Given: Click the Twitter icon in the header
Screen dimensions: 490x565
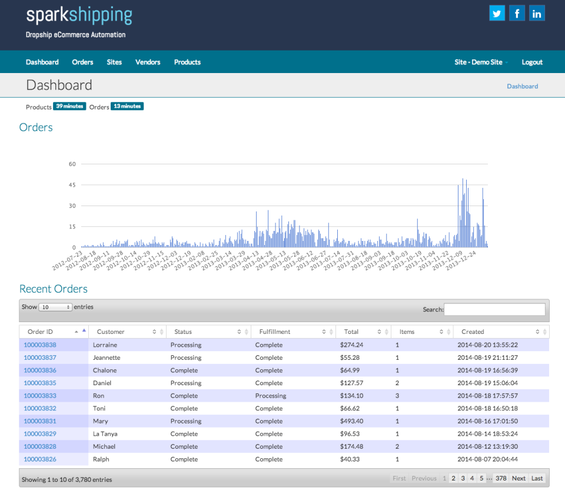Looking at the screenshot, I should pyautogui.click(x=497, y=13).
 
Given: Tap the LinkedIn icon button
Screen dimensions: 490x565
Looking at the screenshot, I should pyautogui.click(x=537, y=13).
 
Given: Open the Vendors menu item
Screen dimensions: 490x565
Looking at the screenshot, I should pyautogui.click(x=148, y=62).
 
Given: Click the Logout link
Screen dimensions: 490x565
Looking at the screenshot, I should pyautogui.click(x=532, y=62).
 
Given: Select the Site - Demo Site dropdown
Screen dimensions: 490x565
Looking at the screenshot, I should pyautogui.click(x=481, y=62).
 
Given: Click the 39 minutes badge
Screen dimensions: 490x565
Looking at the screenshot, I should pyautogui.click(x=69, y=106).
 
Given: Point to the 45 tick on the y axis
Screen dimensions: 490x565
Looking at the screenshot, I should pyautogui.click(x=73, y=185).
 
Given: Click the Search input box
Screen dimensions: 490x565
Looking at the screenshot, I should pyautogui.click(x=494, y=309).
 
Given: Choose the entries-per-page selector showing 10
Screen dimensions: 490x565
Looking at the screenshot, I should pyautogui.click(x=55, y=307).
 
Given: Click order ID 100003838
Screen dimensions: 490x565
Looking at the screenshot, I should pyautogui.click(x=40, y=345).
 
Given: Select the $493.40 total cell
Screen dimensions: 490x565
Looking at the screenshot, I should pyautogui.click(x=351, y=421).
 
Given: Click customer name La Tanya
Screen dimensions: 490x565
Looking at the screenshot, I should pyautogui.click(x=105, y=434).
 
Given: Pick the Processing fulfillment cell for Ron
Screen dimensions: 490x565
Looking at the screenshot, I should pyautogui.click(x=271, y=396).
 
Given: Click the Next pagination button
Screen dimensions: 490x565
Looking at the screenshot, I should pyautogui.click(x=519, y=478).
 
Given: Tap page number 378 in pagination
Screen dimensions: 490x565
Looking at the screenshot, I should pyautogui.click(x=501, y=478).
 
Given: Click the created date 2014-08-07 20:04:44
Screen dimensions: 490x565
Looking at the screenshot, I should pyautogui.click(x=487, y=459).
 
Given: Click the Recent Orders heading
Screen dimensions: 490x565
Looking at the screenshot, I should pyautogui.click(x=54, y=289).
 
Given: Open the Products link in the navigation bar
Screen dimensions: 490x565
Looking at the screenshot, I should pyautogui.click(x=187, y=62).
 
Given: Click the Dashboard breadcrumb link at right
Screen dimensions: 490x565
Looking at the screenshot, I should pyautogui.click(x=522, y=86).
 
